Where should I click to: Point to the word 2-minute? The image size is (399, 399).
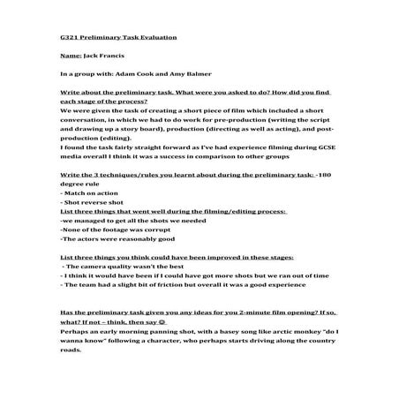(x=224, y=313)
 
